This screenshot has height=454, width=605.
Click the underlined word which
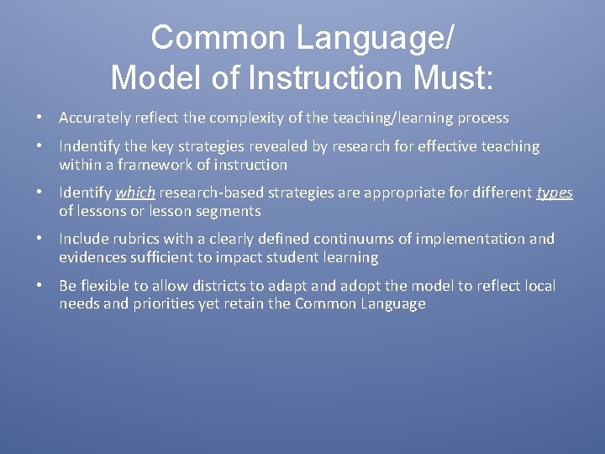point(134,193)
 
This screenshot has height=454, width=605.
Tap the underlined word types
point(555,193)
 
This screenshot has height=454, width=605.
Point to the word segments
point(229,211)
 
